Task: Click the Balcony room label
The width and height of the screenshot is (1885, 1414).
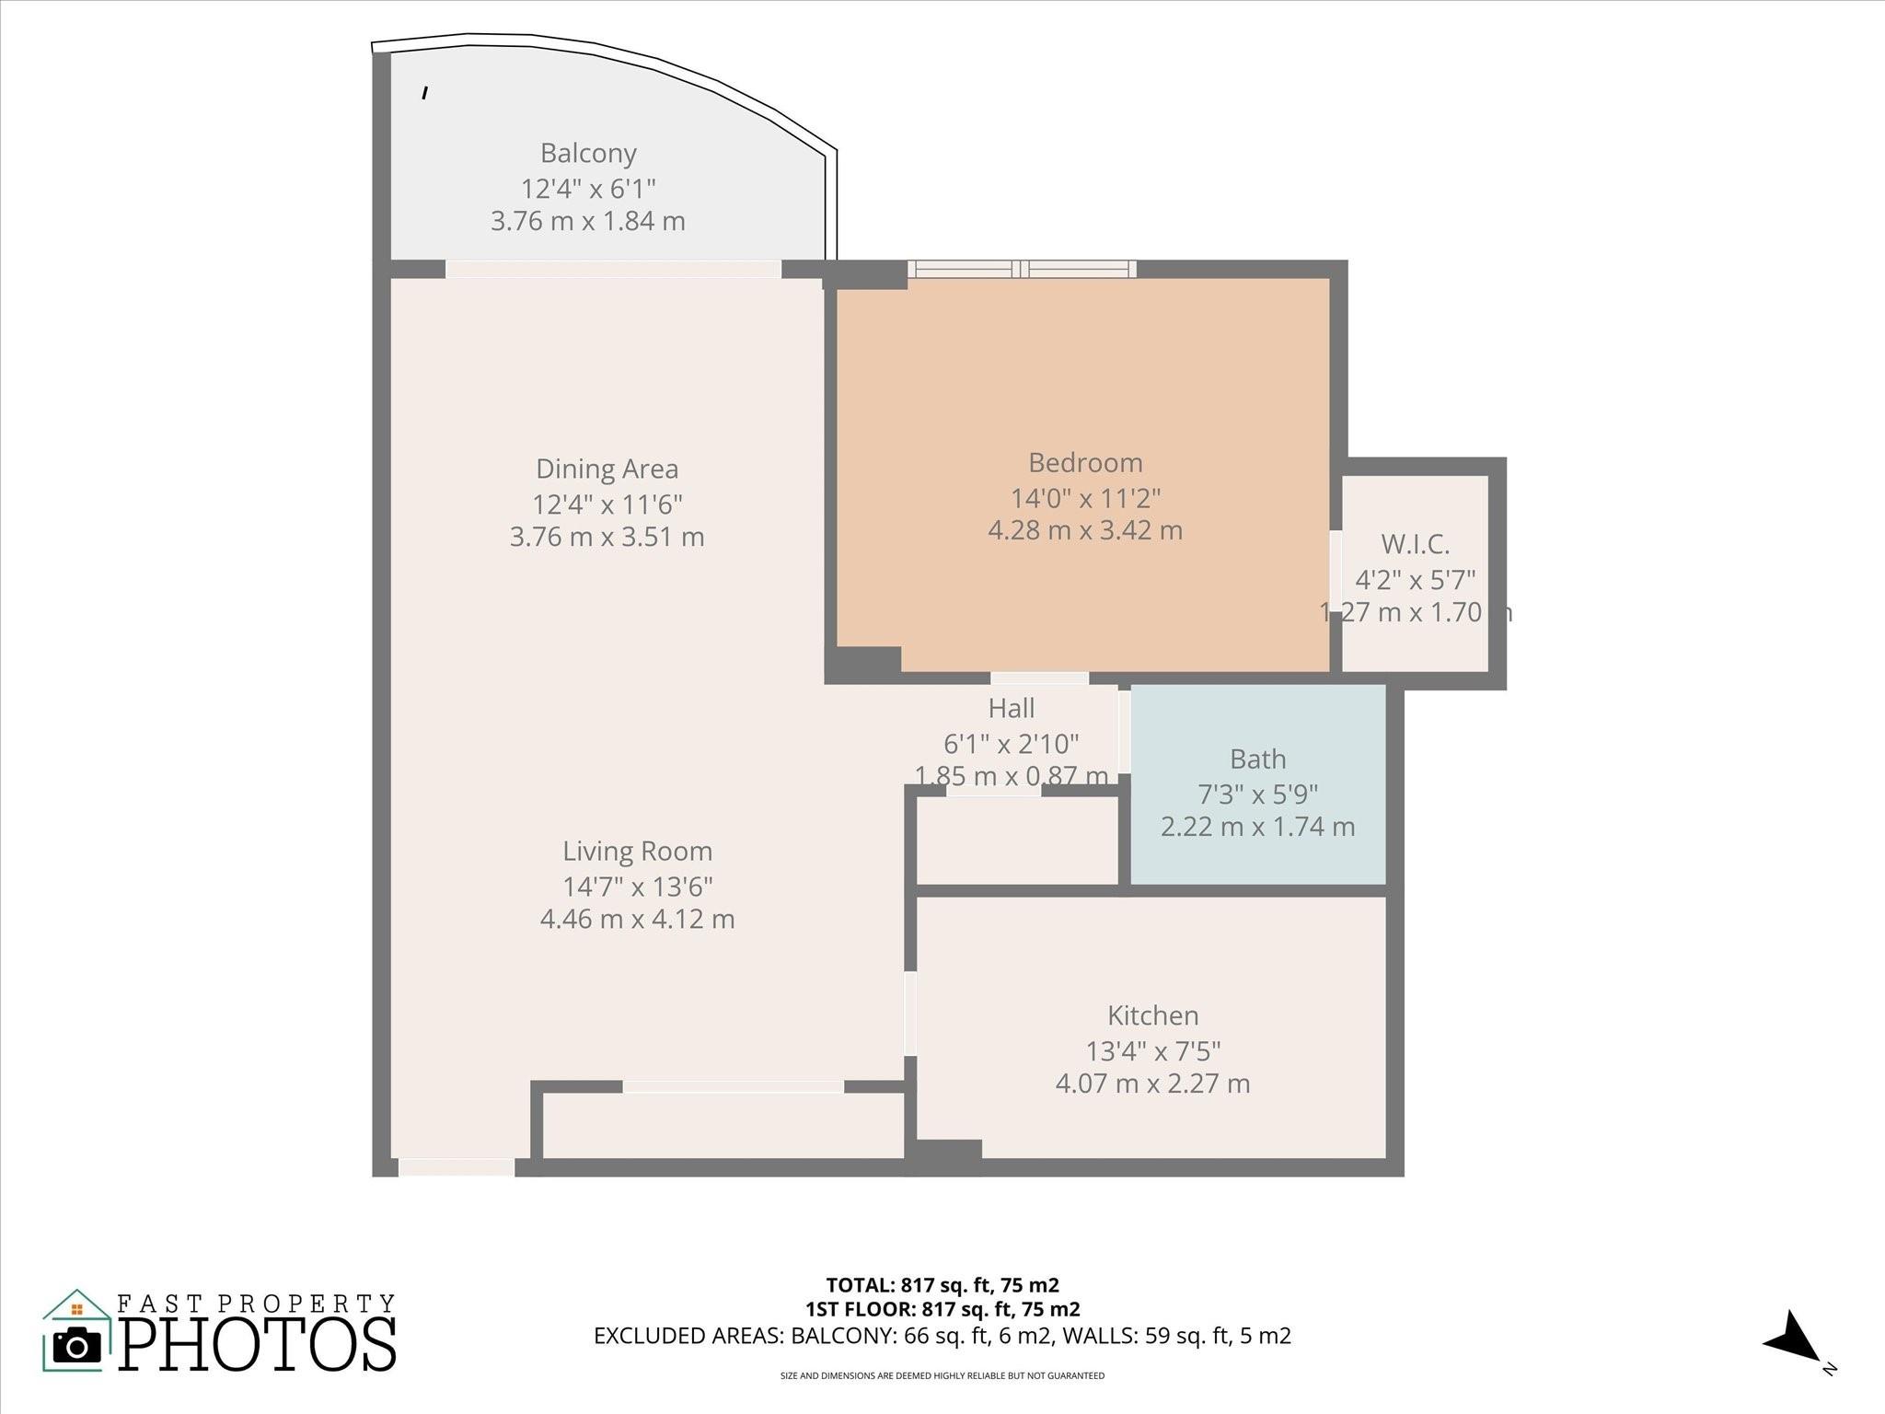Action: click(588, 153)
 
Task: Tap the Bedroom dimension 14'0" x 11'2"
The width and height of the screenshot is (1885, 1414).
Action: click(1085, 498)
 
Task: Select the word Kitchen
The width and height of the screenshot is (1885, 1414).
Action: click(1152, 1015)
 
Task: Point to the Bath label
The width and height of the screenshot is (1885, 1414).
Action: click(1257, 759)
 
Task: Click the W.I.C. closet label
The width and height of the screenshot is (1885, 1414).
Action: click(1415, 544)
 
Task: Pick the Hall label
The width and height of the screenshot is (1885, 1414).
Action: click(1011, 708)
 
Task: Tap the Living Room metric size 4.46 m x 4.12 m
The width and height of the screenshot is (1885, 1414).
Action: click(637, 919)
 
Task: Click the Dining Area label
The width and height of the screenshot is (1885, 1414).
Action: click(607, 469)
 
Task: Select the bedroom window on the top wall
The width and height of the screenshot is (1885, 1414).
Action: click(1022, 269)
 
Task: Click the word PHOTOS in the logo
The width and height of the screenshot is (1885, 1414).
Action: click(258, 1345)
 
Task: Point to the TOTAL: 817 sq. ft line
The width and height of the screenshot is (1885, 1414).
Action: click(942, 1285)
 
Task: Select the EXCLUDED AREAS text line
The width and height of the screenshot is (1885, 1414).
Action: click(942, 1336)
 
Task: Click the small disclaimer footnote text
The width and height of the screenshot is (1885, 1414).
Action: click(942, 1376)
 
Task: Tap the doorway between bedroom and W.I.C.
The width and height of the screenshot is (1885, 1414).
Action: click(1335, 566)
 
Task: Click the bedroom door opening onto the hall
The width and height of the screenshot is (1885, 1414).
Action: click(1039, 678)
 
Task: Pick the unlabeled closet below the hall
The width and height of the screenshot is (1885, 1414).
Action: click(1017, 840)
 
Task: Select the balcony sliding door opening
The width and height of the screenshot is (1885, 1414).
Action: click(613, 269)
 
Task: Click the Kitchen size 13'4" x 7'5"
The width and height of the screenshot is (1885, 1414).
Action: click(1152, 1050)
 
